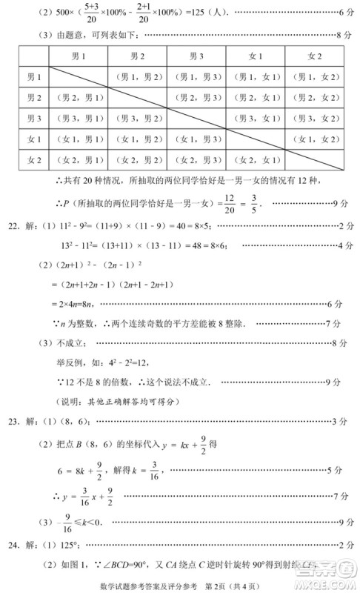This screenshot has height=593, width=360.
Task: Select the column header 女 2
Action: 314,56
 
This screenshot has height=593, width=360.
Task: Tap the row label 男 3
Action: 34,118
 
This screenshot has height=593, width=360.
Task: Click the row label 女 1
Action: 34,139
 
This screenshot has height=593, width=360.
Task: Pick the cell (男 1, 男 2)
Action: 137,77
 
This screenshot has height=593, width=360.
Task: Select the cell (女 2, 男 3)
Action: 196,159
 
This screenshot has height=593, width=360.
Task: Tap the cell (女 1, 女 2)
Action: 314,139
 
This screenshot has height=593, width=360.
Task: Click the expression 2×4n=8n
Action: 74,304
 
